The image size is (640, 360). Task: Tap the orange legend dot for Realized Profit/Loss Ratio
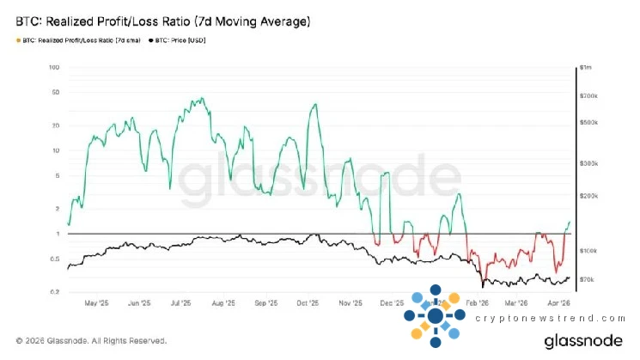click(18, 40)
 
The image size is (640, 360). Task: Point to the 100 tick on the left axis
click(54, 67)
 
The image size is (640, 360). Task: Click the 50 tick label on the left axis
click(55, 92)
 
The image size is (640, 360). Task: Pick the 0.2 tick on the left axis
click(54, 292)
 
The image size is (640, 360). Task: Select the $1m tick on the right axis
click(587, 67)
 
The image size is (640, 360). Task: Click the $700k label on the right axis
click(588, 95)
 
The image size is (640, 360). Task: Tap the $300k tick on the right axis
click(588, 162)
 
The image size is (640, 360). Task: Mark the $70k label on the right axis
click(587, 279)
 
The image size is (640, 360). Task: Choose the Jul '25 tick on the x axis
click(181, 303)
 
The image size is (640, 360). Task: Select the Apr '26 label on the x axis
click(559, 303)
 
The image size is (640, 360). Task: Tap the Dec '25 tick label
click(392, 303)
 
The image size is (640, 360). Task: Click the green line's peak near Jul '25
click(199, 98)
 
